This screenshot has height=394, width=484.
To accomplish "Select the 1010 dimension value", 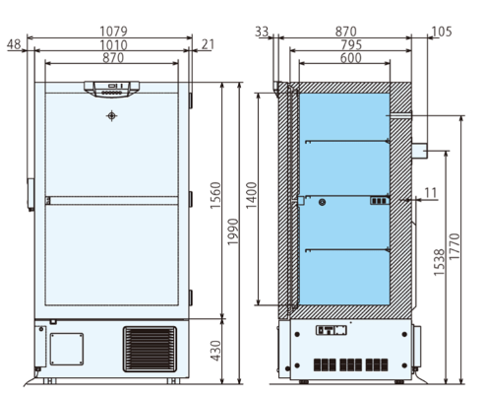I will click(x=111, y=45).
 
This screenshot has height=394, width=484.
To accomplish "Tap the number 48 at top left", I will click(x=14, y=45).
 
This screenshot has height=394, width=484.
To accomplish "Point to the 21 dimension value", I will click(x=209, y=45).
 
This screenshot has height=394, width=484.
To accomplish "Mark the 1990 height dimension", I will click(x=232, y=232).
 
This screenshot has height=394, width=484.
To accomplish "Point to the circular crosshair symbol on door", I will click(x=111, y=115).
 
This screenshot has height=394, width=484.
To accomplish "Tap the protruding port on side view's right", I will click(x=420, y=150).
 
